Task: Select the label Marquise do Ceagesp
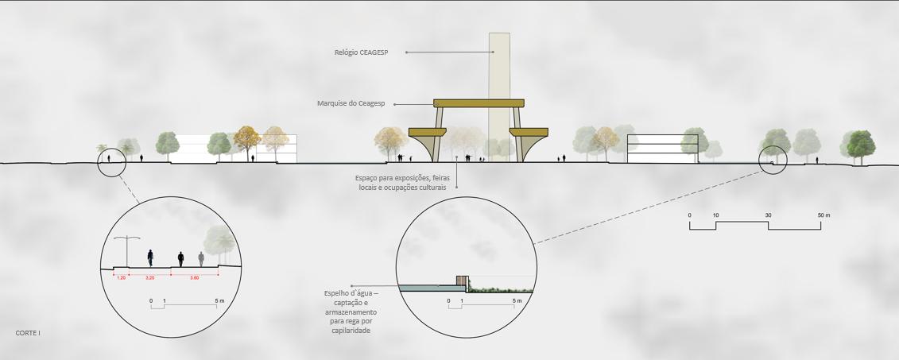pos(351,103)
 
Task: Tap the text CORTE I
pos(27,333)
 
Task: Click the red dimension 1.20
pos(121,277)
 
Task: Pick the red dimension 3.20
pos(150,277)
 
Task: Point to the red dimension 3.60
pos(194,277)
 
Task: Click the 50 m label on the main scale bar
pos(823,215)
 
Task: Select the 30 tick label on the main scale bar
pos(768,215)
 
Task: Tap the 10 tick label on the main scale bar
pos(715,215)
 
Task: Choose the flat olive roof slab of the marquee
pos(479,103)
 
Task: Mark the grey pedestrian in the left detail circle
pos(201,258)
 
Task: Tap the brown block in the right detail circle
pos(461,281)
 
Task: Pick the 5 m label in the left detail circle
pos(219,301)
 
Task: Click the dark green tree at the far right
pos(860,145)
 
